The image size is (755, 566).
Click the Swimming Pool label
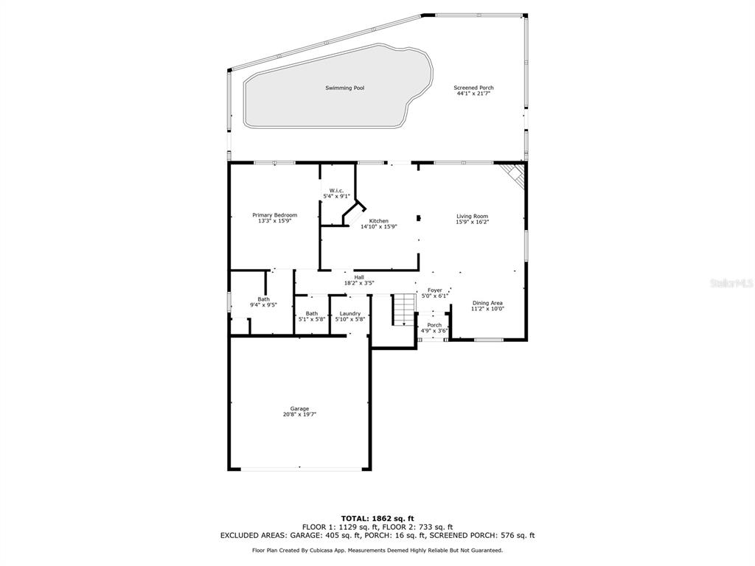(345, 88)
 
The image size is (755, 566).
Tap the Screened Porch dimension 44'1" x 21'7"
(473, 94)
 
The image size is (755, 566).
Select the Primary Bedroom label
(274, 215)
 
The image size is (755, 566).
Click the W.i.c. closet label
(336, 191)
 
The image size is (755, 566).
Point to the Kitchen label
(378, 221)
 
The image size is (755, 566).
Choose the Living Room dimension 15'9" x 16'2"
(473, 223)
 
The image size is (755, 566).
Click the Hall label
(359, 277)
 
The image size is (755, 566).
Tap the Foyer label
(435, 290)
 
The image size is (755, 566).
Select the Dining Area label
(487, 303)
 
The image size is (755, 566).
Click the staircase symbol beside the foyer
(403, 309)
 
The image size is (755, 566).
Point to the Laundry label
(350, 313)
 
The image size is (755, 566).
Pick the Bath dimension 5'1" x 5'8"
(312, 319)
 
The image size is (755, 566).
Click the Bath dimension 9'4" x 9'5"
(263, 304)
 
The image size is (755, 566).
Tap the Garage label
(299, 408)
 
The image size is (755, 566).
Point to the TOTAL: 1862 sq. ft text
(377, 518)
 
